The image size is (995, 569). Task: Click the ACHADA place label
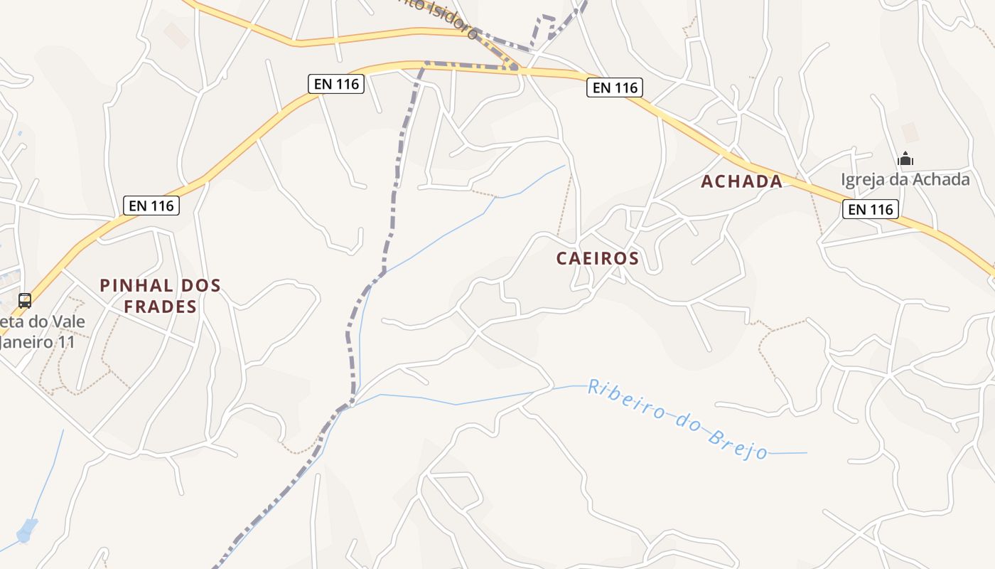pos(741,181)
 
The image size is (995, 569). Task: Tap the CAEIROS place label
pos(598,258)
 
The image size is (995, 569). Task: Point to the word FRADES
pos(161,307)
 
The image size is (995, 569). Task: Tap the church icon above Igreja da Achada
pos(905,158)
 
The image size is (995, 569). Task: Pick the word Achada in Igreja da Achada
pos(944,179)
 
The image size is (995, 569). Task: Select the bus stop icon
pos(25,300)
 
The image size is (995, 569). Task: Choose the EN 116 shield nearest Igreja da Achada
pos(871,209)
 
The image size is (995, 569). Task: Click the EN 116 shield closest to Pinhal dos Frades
pos(151,206)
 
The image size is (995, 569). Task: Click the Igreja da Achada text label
pos(905,179)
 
